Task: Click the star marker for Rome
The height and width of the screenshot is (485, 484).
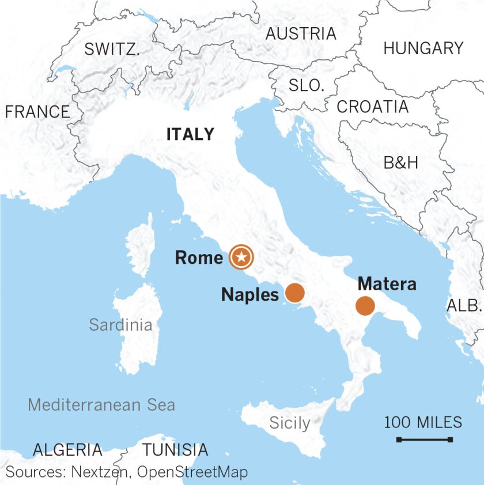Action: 241,257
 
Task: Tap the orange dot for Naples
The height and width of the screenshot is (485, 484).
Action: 294,293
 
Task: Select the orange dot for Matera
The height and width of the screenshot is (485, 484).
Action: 365,306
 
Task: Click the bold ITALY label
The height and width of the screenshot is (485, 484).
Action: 190,134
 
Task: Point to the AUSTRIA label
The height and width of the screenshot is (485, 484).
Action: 301,34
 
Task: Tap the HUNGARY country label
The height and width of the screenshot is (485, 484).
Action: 423,48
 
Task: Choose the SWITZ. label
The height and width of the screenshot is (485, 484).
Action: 112,50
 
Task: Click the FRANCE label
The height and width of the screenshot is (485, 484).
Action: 37,112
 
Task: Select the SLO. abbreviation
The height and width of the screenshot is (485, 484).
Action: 307,86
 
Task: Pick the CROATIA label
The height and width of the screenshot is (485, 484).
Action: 373,107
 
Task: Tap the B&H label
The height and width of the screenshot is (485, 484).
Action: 401,163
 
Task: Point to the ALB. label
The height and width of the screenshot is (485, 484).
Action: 464,305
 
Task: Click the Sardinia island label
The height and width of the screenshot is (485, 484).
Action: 121,325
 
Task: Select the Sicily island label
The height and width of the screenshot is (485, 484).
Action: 290,423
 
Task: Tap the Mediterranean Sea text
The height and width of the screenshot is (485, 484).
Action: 101,404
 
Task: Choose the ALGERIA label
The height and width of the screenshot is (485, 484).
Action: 67,449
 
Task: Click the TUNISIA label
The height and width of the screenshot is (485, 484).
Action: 175,449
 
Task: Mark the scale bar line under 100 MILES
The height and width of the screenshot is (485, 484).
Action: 424,440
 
